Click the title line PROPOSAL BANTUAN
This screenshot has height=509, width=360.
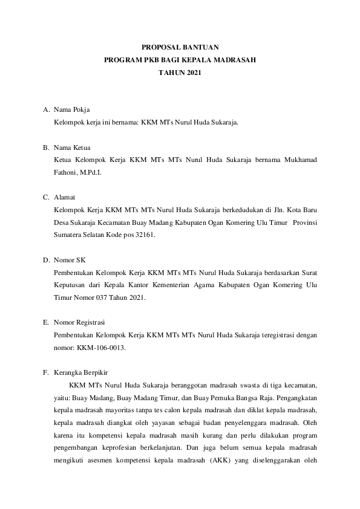click(x=180, y=46)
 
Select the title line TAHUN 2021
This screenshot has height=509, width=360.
click(x=179, y=73)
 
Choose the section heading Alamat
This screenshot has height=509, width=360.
click(x=65, y=197)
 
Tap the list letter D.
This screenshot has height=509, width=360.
click(x=46, y=260)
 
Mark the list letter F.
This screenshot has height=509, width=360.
click(x=45, y=372)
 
